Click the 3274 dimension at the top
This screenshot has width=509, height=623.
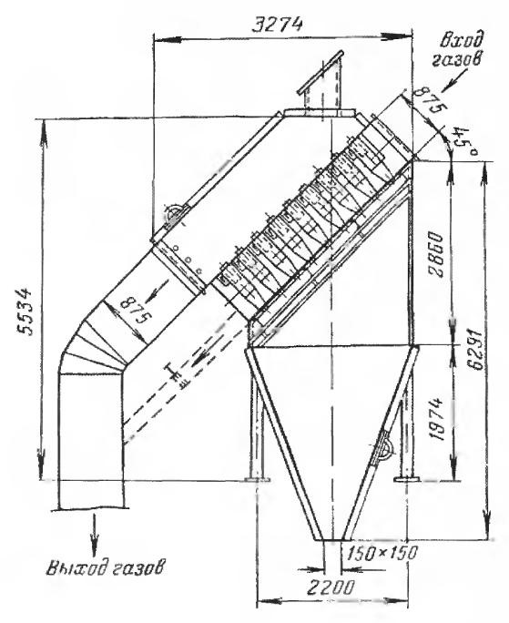coord(277,25)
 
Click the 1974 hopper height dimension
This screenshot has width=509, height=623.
coord(436,418)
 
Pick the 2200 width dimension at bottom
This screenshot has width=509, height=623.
coord(330,587)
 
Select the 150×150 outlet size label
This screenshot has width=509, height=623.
coord(382,553)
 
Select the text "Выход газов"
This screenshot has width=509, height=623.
coord(105,567)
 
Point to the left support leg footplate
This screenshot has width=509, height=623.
coord(258,479)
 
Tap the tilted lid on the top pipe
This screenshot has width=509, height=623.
coord(321,72)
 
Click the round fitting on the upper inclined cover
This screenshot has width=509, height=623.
coord(176,215)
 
